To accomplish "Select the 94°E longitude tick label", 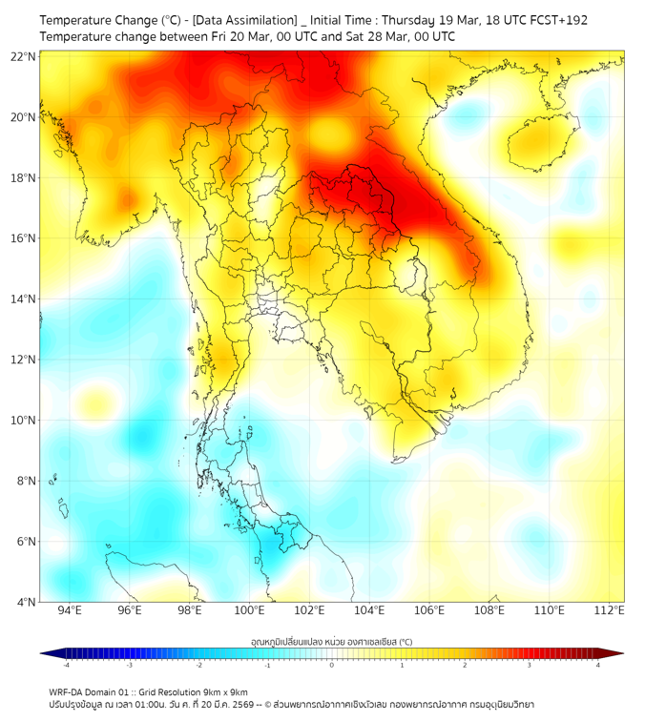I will click(x=70, y=610).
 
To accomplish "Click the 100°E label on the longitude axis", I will click(x=250, y=610).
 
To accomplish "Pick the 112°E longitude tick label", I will click(x=610, y=610).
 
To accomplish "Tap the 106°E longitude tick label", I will click(x=429, y=610).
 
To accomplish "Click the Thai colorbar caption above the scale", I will click(x=331, y=642).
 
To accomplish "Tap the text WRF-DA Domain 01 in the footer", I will click(x=93, y=691).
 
